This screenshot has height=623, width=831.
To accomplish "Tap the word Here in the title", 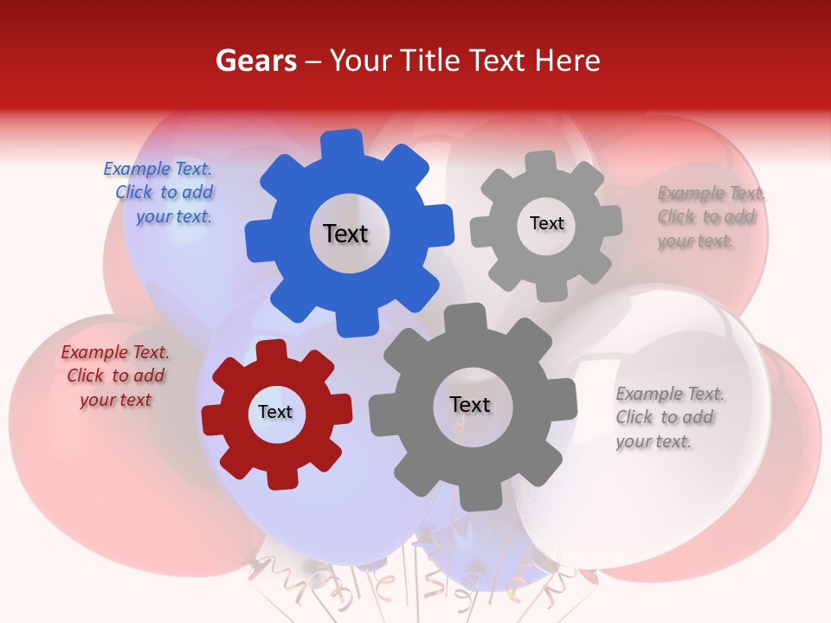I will [567, 61].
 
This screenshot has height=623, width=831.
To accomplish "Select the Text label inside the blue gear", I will [345, 234].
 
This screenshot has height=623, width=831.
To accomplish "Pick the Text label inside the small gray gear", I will [546, 223].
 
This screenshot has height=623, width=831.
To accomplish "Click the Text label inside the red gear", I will [275, 412].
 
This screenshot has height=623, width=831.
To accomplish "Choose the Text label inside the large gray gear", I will [470, 404].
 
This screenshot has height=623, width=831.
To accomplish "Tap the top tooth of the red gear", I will [271, 351].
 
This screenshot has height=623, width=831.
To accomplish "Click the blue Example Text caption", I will [159, 193].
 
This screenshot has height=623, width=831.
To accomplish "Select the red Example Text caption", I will [116, 376].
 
